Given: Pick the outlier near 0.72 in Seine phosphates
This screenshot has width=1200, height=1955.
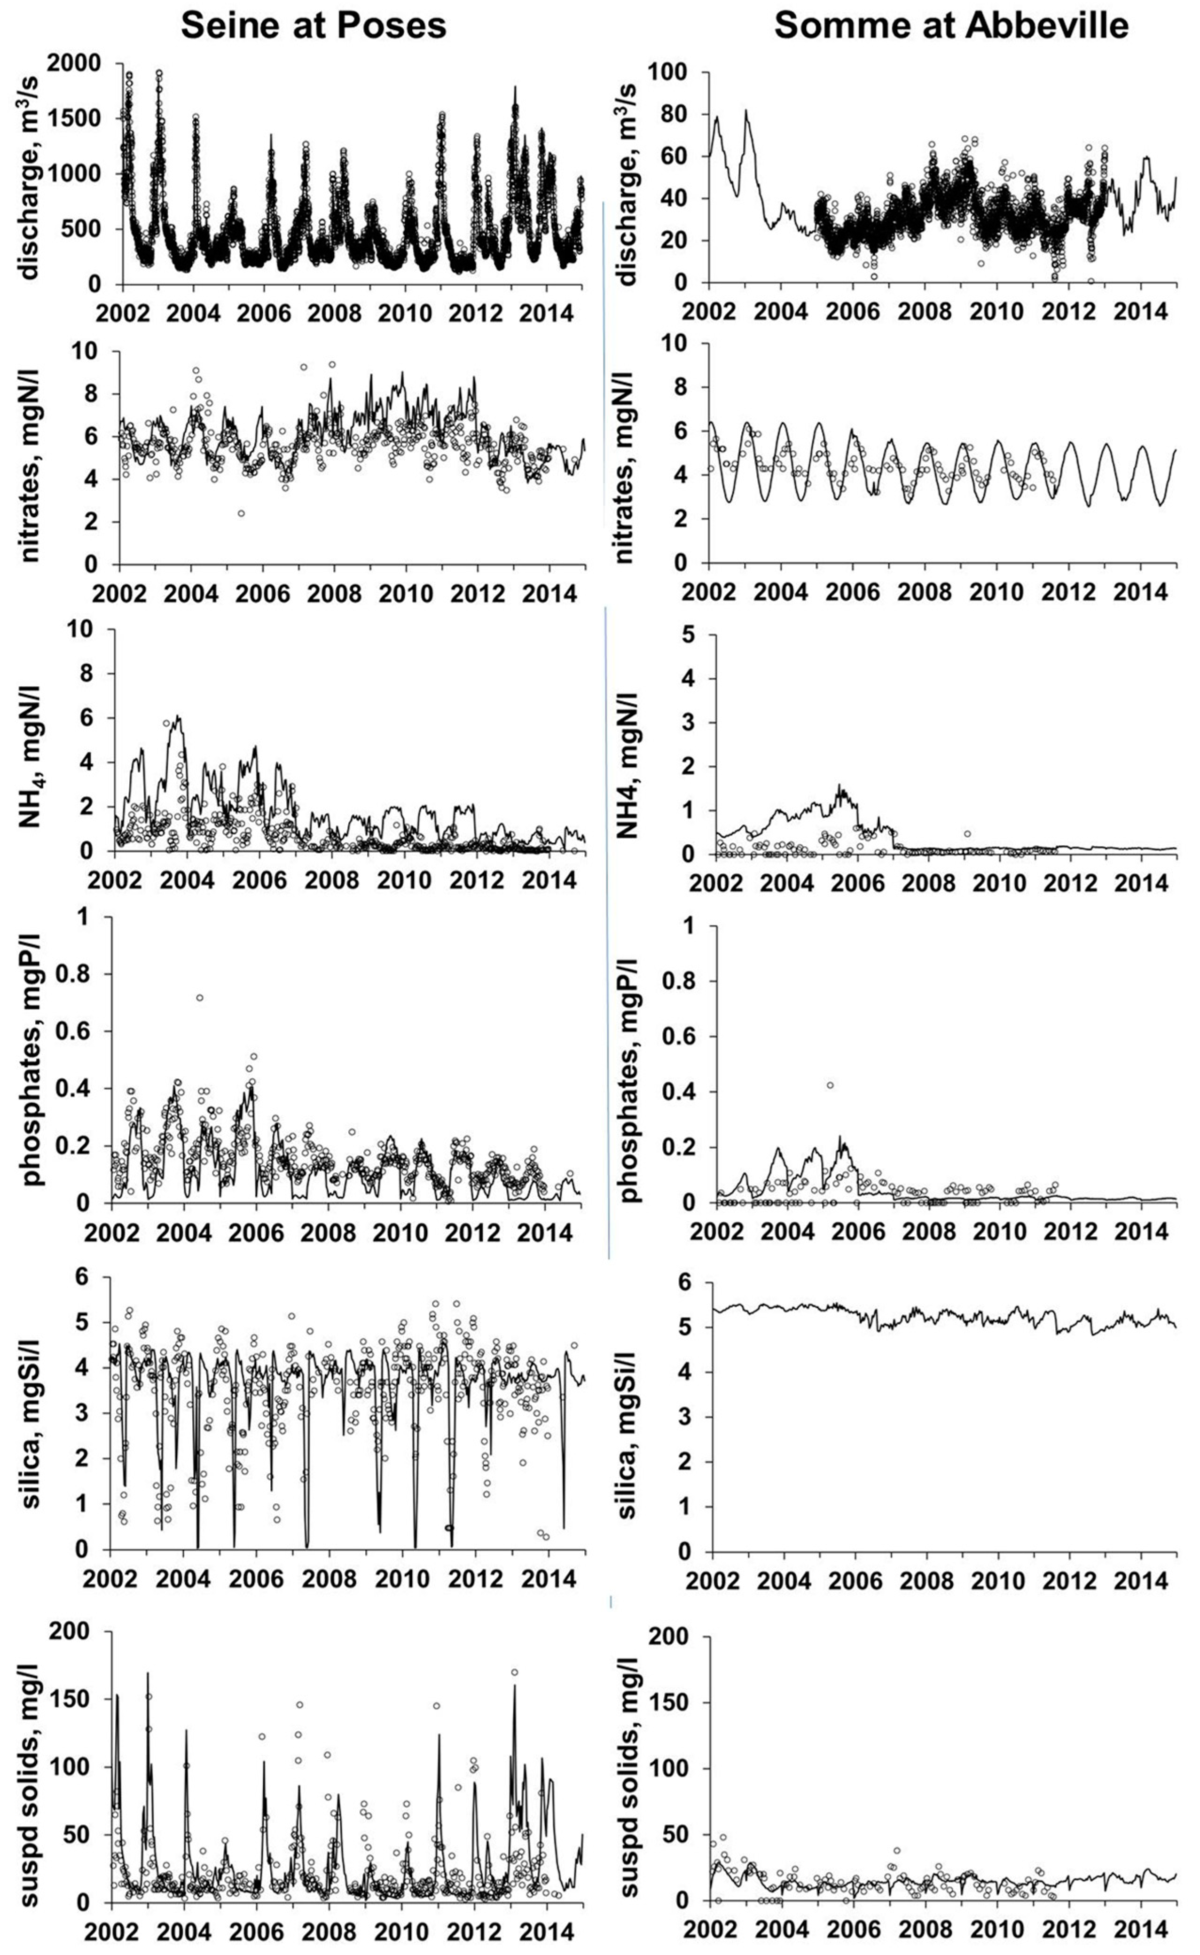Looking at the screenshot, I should (x=200, y=998).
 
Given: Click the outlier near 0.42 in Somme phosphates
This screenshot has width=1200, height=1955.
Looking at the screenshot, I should (x=830, y=1085).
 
